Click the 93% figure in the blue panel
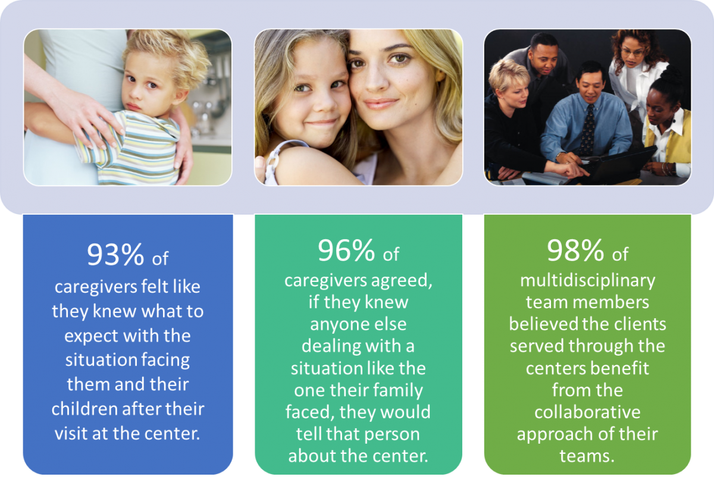pyautogui.click(x=115, y=255)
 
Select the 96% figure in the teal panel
pyautogui.click(x=346, y=250)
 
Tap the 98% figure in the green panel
pyautogui.click(x=575, y=250)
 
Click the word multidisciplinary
pyautogui.click(x=587, y=281)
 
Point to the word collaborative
pyautogui.click(x=587, y=412)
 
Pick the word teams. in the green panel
pyautogui.click(x=587, y=456)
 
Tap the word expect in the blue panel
pyautogui.click(x=92, y=337)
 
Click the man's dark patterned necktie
pyautogui.click(x=587, y=130)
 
